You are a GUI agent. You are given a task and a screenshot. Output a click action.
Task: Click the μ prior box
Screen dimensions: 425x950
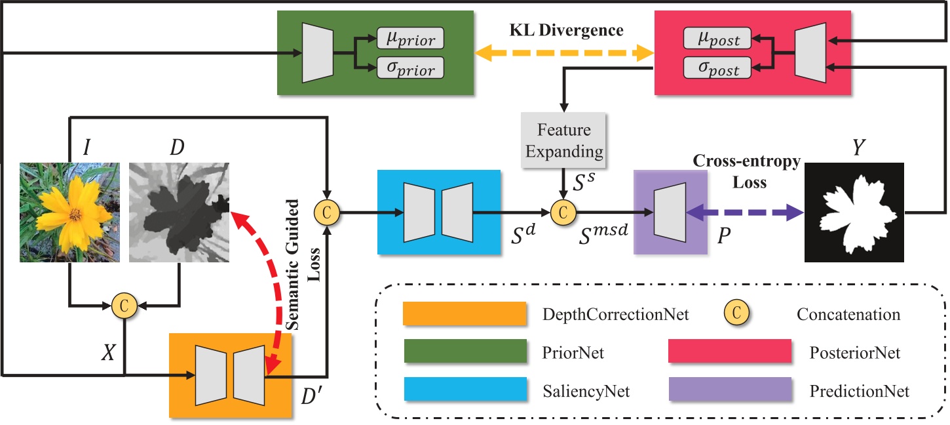(411, 39)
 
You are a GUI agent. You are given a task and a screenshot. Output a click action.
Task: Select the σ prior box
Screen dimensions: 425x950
(411, 68)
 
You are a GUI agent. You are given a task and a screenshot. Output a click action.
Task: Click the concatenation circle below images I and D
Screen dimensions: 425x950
(123, 304)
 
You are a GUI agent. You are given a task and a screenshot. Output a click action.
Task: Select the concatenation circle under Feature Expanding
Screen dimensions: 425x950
(562, 212)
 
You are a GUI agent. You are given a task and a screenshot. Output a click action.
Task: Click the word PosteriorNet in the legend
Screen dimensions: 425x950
(855, 353)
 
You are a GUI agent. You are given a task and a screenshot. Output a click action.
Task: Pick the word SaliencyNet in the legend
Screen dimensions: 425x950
(586, 392)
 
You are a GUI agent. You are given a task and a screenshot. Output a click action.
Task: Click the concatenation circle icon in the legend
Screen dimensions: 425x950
(736, 314)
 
